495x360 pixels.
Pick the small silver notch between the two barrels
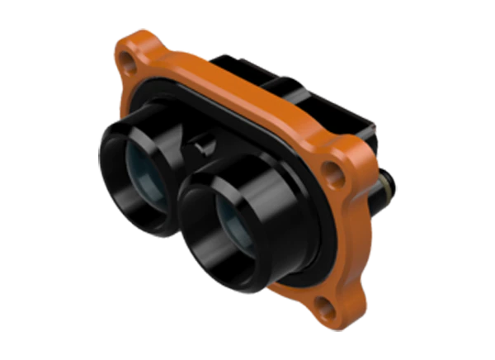pyautogui.click(x=201, y=149)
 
